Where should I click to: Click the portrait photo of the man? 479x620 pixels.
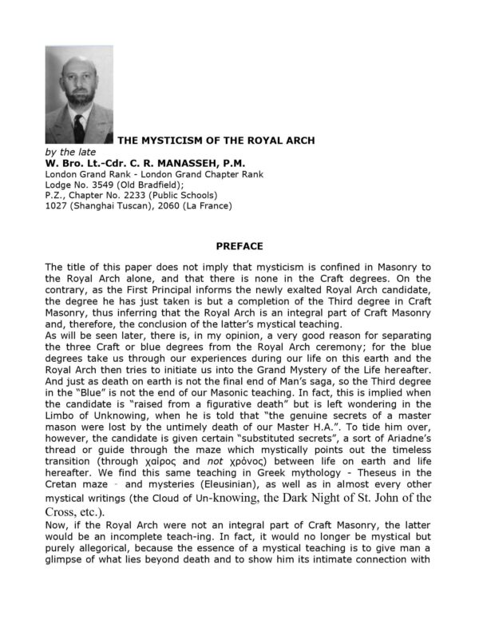79,94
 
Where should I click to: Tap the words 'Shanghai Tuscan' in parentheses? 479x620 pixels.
108,205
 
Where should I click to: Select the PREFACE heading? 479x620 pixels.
239,246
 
